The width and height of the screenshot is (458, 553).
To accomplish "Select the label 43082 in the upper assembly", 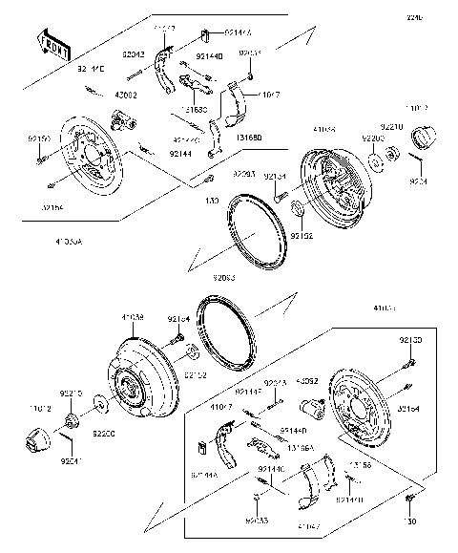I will [x=126, y=96].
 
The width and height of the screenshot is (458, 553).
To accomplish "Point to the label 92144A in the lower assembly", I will [x=204, y=474].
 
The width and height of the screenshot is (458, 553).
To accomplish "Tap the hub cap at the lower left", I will [x=34, y=442].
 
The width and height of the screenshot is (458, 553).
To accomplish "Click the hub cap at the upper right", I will [x=423, y=141].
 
